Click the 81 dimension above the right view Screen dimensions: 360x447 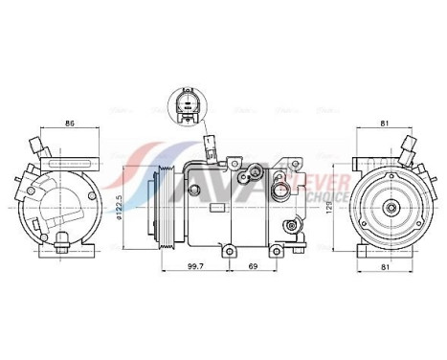coord(383,122)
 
